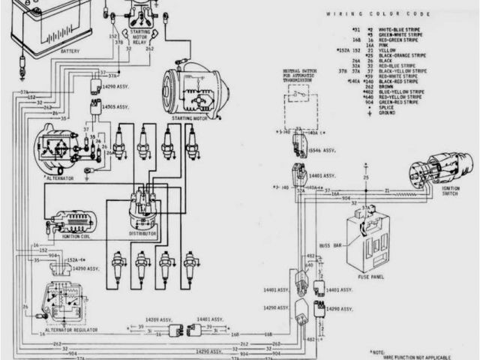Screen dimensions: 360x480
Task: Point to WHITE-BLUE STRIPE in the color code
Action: click(x=399, y=28)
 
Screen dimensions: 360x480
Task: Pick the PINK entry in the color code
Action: click(x=386, y=46)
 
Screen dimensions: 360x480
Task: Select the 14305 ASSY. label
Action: click(x=116, y=107)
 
